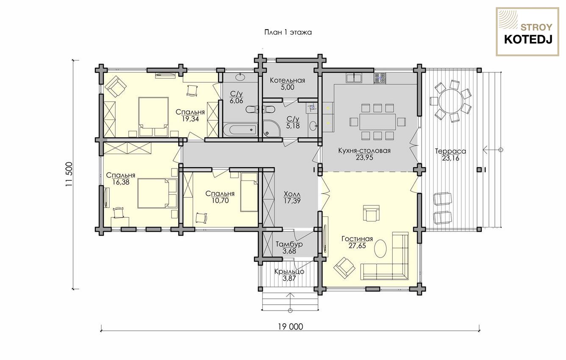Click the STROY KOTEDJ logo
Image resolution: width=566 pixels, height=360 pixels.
click(x=527, y=32)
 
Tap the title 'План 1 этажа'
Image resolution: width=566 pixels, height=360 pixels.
click(x=288, y=32)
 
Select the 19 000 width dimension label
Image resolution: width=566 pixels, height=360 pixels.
click(x=291, y=327)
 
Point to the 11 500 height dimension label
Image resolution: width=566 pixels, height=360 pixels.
click(x=69, y=174)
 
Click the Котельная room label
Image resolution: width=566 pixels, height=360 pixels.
click(x=287, y=80)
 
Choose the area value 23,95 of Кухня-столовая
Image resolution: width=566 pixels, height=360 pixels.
click(x=364, y=158)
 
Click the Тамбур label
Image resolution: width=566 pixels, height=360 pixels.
click(x=289, y=244)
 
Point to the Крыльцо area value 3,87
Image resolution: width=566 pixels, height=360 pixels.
click(x=289, y=278)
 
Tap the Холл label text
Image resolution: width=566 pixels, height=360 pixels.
click(x=292, y=194)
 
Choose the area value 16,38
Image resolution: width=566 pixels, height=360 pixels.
click(x=121, y=182)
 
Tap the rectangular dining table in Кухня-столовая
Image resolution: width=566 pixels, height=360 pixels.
click(x=377, y=122)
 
